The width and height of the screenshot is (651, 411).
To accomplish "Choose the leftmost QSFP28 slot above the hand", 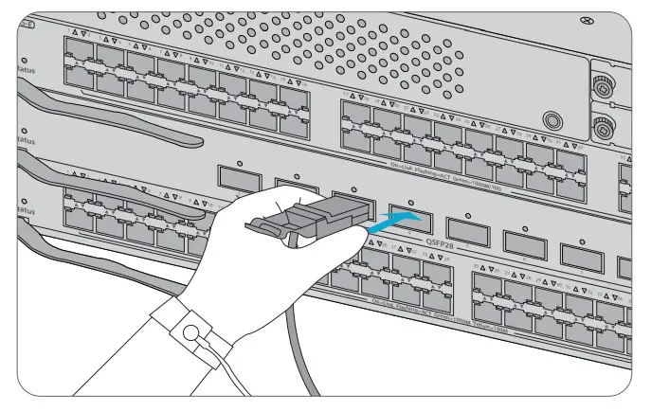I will (235, 176).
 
